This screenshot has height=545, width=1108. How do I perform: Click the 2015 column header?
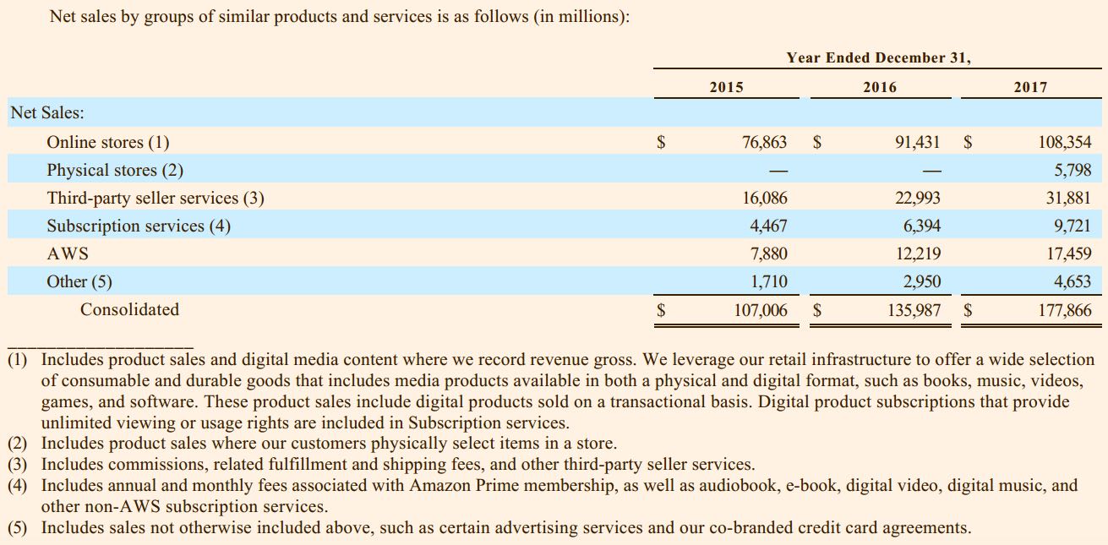pos(726,87)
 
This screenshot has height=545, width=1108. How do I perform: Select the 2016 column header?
pos(880,87)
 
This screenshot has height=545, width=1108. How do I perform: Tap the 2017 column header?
pos(1029,87)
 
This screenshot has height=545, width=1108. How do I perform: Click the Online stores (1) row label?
pos(107,142)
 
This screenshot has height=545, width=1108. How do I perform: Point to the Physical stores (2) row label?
pos(114,170)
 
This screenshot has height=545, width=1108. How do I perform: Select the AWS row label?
pos(68,253)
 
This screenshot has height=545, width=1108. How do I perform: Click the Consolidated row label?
pos(129,309)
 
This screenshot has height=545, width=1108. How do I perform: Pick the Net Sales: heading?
pos(46,113)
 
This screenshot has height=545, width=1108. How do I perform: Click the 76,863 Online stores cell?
pos(764,142)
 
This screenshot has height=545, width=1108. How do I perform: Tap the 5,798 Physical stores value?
pos(1073,170)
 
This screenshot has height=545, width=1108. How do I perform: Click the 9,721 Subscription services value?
pos(1073,226)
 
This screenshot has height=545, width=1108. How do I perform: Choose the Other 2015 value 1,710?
pos(768,281)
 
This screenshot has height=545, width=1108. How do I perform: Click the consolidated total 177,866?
pos(1064,310)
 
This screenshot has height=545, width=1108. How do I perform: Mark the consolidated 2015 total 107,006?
pos(760,310)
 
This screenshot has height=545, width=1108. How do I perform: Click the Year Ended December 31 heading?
pos(878,57)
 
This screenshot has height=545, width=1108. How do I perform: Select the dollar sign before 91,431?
pos(817,142)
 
